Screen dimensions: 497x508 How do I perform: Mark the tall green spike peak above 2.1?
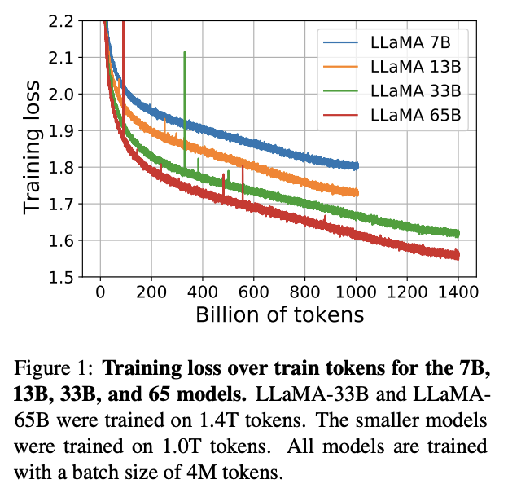185,52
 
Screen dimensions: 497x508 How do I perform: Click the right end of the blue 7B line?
355,165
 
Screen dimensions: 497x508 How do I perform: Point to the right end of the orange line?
355,192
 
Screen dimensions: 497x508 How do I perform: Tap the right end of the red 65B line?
457,255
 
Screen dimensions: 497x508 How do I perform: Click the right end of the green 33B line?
457,234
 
